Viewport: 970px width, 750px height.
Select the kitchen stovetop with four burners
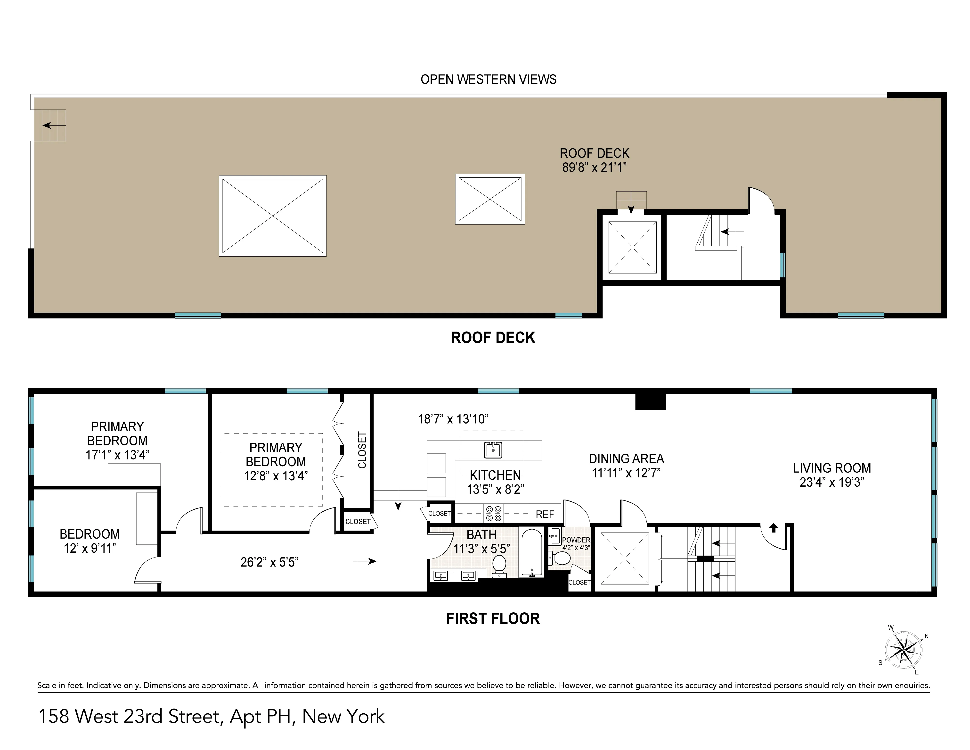[x=494, y=514]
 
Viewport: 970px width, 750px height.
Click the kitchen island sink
[x=493, y=450]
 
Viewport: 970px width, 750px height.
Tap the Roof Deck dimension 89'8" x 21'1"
[x=594, y=167]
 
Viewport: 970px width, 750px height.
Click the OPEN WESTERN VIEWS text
[x=488, y=80]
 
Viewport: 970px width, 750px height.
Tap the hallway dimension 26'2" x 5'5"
[x=269, y=562]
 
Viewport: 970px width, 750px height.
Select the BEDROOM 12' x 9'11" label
[x=90, y=541]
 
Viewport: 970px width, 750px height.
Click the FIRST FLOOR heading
[x=493, y=618]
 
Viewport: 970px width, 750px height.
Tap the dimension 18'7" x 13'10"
[x=453, y=419]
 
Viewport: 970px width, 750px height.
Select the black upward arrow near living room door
[x=773, y=528]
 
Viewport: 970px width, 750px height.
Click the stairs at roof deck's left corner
[x=54, y=125]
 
